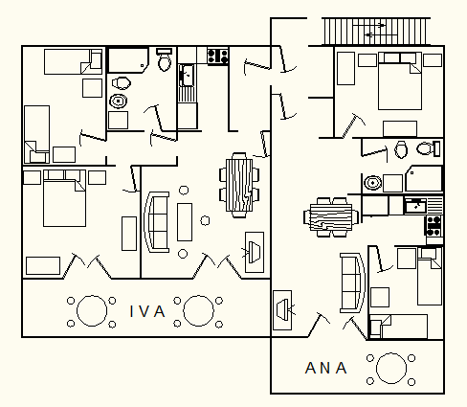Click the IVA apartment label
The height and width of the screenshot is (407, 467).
click(147, 311)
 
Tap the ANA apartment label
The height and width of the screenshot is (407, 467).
click(325, 368)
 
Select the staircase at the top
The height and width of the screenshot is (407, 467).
click(375, 32)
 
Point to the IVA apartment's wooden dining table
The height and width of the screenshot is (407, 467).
click(239, 185)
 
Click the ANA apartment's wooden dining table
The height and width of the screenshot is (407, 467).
click(331, 217)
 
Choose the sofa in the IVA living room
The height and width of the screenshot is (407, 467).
click(156, 222)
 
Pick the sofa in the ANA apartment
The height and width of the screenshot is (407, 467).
click(353, 283)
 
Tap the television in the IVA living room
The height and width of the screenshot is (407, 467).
click(255, 252)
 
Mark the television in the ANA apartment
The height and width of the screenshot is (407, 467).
click(282, 310)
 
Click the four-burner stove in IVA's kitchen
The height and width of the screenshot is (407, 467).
click(218, 56)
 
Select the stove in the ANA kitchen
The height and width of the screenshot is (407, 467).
click(434, 226)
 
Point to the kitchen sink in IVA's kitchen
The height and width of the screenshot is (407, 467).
click(187, 76)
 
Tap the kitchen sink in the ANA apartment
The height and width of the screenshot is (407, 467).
click(415, 206)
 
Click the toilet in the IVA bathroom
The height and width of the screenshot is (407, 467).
click(165, 59)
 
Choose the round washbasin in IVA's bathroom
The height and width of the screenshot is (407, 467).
click(119, 102)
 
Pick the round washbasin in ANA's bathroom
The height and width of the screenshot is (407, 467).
click(372, 183)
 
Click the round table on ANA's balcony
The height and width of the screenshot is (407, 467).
click(391, 368)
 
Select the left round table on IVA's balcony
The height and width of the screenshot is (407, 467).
click(92, 310)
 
